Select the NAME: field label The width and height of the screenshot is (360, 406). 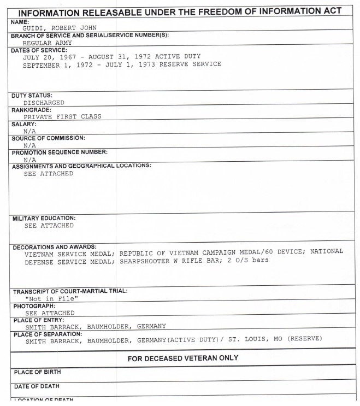pyautogui.click(x=22, y=19)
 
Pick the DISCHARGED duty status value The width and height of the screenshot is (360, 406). pyautogui.click(x=44, y=102)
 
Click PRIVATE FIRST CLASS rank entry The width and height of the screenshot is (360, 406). pyautogui.click(x=63, y=116)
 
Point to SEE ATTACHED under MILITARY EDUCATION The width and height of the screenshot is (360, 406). pyautogui.click(x=49, y=225)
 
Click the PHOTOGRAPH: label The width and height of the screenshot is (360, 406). pyautogui.click(x=31, y=306)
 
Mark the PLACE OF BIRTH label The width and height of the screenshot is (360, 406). pyautogui.click(x=38, y=372)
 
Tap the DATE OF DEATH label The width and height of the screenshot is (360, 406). pyautogui.click(x=37, y=386)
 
